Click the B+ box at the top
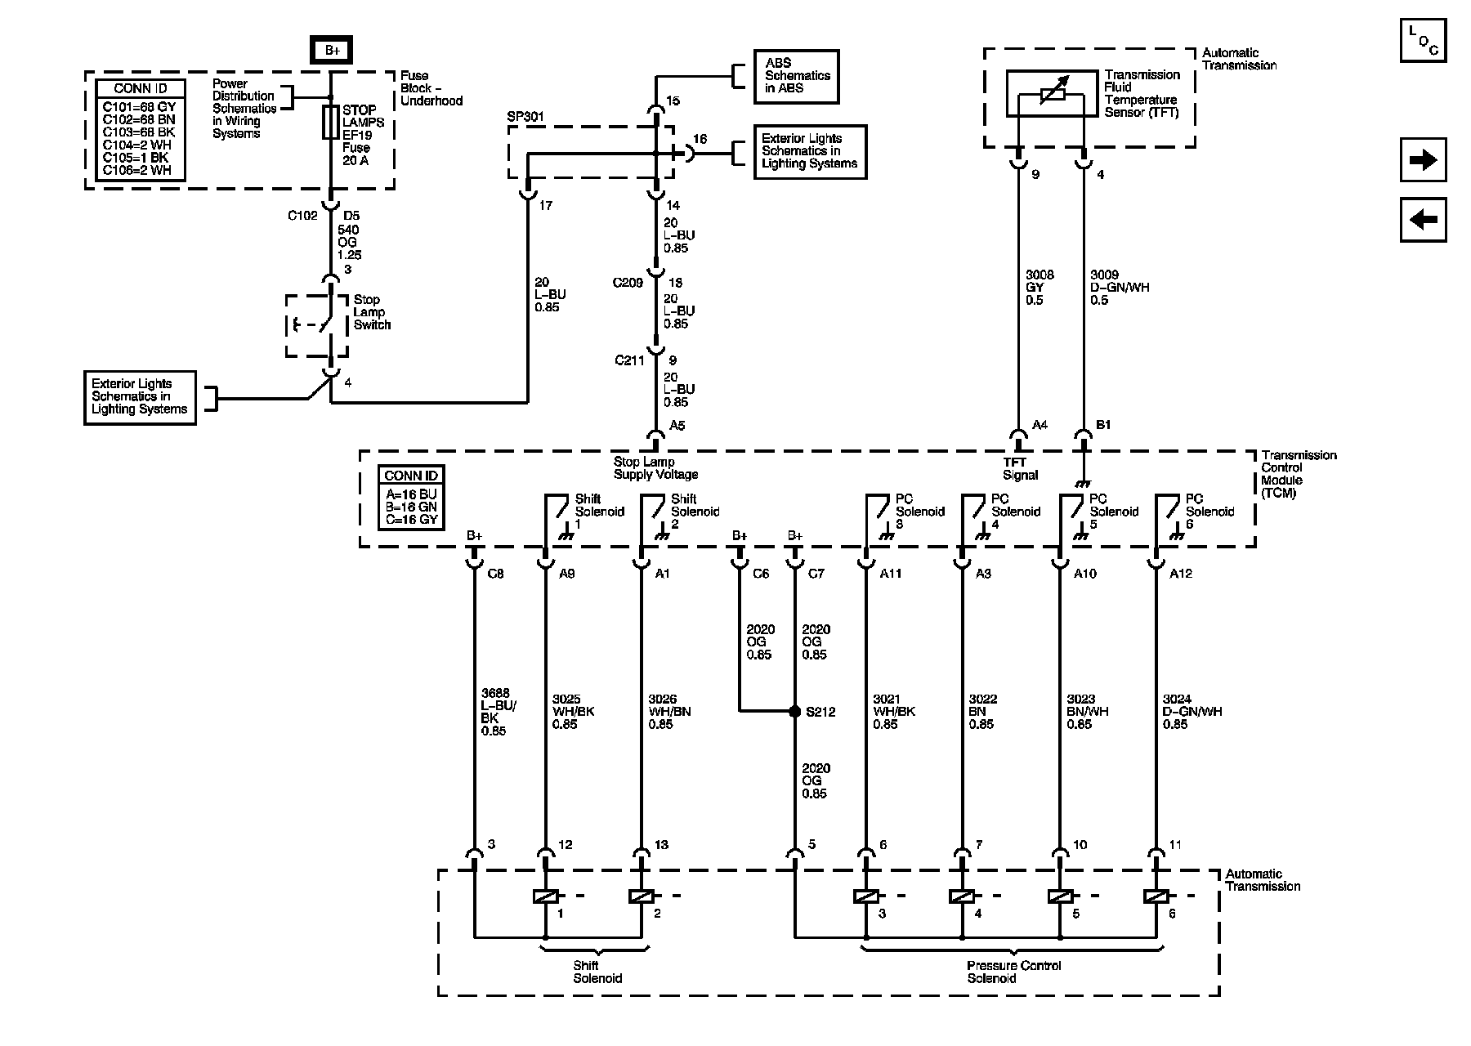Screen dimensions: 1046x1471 click(x=332, y=51)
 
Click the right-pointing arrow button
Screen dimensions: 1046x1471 click(x=1423, y=160)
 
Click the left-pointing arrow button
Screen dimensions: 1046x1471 click(x=1423, y=220)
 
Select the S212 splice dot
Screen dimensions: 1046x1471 click(x=794, y=711)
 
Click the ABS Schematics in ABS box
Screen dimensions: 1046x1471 click(x=797, y=76)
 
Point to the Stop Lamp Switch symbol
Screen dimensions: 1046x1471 click(x=317, y=324)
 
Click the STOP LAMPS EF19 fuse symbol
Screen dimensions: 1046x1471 click(x=331, y=122)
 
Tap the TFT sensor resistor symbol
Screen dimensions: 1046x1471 click(x=1051, y=94)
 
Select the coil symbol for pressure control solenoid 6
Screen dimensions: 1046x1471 click(x=1156, y=896)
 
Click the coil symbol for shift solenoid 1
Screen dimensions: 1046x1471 click(x=545, y=896)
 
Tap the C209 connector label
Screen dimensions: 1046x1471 click(x=628, y=283)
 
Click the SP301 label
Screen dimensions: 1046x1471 click(x=525, y=116)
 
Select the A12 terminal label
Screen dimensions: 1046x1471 click(x=1180, y=574)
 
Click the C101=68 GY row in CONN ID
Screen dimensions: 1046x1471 click(x=139, y=107)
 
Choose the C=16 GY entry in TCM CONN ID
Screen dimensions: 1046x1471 click(x=411, y=519)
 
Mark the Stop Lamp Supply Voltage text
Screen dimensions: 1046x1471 click(x=655, y=468)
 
